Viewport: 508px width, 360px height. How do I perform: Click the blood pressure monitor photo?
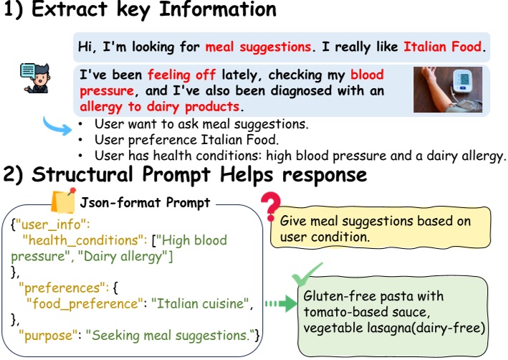coord(447,90)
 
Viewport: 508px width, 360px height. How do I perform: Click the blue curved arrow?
coord(57,126)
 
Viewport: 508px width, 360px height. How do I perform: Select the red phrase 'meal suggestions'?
coord(259,47)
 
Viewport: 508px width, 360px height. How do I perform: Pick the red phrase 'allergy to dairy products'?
coord(159,106)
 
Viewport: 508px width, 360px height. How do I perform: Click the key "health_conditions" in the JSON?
coord(86,240)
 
